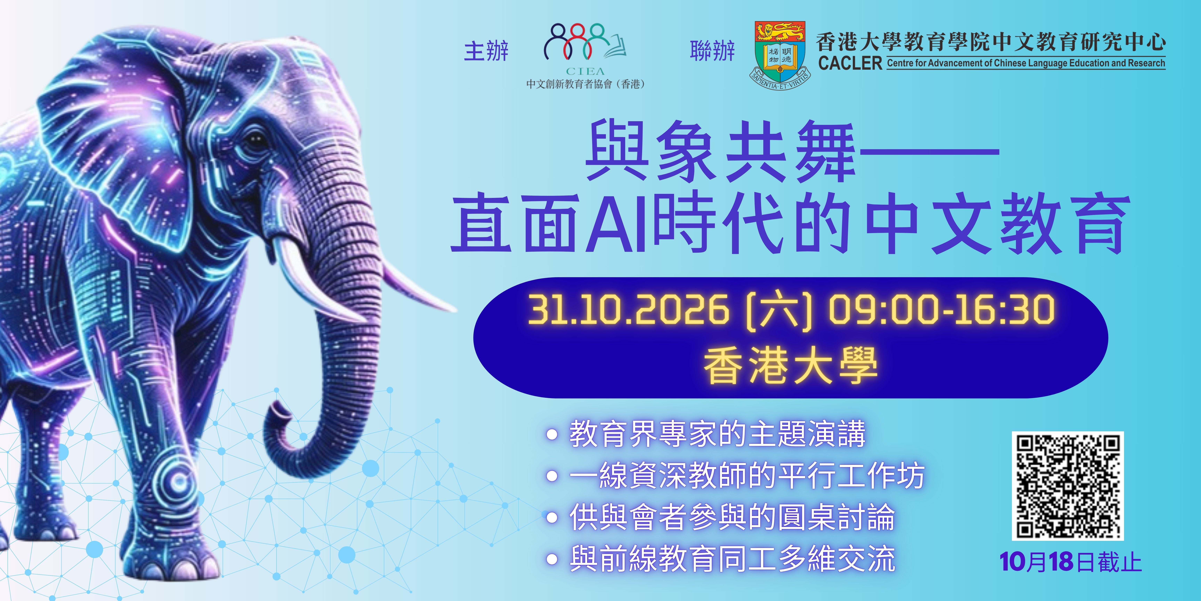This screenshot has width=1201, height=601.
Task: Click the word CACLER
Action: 850,63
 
